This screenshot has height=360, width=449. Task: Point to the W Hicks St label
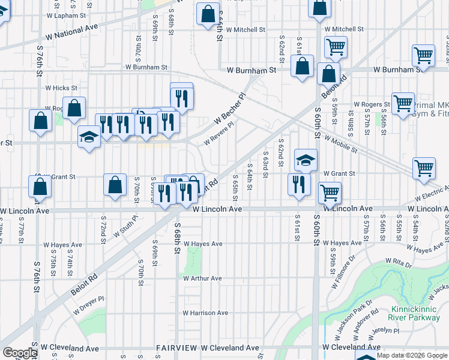[x=62, y=88]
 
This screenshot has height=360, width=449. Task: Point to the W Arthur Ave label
[x=203, y=278]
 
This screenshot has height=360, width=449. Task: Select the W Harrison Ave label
[x=206, y=313]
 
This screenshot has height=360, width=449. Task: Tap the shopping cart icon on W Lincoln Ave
[x=330, y=193]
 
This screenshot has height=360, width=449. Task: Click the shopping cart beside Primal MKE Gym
[x=403, y=103]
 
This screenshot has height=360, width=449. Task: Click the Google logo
[x=20, y=353]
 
